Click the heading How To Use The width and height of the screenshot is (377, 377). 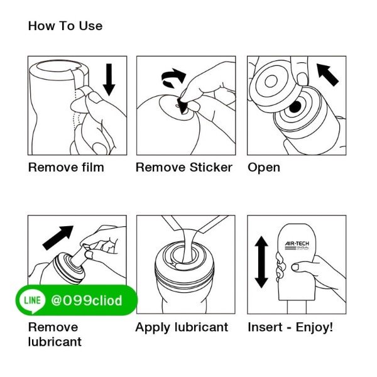[x=65, y=26]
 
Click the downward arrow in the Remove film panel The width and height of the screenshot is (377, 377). [x=109, y=80]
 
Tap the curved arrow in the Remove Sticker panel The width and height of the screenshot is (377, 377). [x=173, y=77]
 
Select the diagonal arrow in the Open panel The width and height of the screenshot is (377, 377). [x=328, y=75]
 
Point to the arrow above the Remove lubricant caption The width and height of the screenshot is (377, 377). [x=58, y=238]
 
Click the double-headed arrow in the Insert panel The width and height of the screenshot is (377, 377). [x=261, y=262]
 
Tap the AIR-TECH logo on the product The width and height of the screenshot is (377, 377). [x=297, y=246]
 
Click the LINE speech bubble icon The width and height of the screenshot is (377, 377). [x=33, y=300]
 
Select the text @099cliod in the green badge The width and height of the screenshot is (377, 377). [x=87, y=300]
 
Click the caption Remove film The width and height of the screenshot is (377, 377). [x=66, y=167]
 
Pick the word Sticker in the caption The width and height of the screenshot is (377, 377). [x=211, y=167]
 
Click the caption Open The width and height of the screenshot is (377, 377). [x=264, y=168]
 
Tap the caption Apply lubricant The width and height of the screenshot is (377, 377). [x=182, y=327]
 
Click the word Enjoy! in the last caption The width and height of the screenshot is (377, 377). [x=314, y=327]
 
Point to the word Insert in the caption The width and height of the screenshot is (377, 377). [x=265, y=327]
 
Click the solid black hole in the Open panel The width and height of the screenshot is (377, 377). [x=295, y=107]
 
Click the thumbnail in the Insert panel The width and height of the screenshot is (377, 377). [x=295, y=267]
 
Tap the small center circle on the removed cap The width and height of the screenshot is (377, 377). [x=271, y=81]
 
